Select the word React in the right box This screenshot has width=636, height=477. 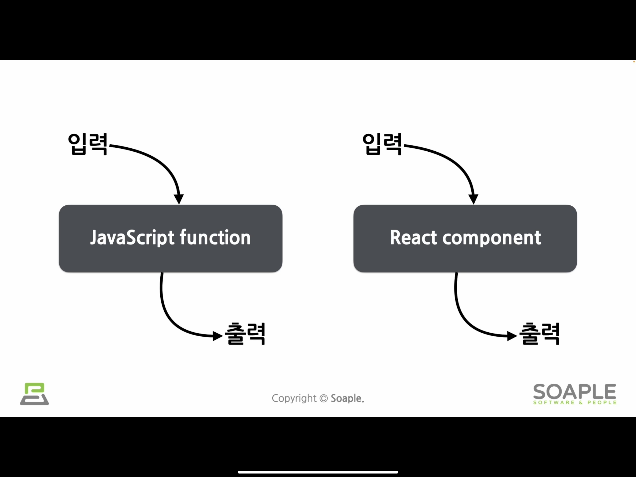[x=413, y=238]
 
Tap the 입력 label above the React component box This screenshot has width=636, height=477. [x=382, y=144]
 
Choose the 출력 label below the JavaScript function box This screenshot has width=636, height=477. [x=245, y=334]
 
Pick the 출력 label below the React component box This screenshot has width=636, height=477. [x=539, y=334]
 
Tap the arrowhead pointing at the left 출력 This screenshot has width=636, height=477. [x=218, y=336]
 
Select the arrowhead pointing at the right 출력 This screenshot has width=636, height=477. [x=512, y=336]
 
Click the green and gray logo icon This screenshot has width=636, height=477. [x=34, y=394]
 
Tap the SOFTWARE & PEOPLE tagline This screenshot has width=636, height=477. [x=575, y=402]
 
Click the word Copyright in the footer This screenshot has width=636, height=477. [x=294, y=399]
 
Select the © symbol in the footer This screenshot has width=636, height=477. [x=324, y=399]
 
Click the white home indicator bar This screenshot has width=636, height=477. [x=318, y=472]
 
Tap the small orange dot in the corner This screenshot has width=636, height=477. [x=634, y=61]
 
